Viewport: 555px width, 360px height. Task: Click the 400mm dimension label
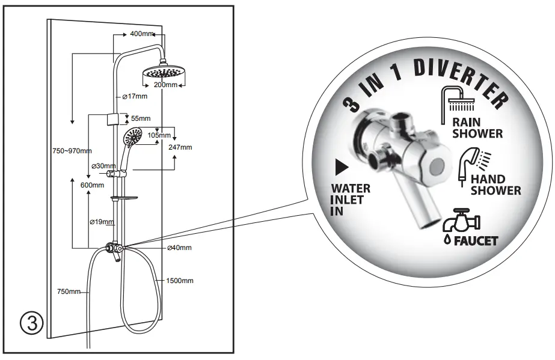point(142,33)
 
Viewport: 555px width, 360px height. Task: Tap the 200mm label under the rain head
point(167,85)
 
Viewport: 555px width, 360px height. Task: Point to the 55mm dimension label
point(141,118)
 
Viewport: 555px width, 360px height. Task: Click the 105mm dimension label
point(159,135)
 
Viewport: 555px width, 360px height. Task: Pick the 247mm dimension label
point(180,147)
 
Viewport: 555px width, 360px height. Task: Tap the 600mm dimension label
point(92,185)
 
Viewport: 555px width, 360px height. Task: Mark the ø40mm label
point(180,248)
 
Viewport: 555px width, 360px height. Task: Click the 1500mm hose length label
point(180,281)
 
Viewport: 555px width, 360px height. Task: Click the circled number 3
point(32,323)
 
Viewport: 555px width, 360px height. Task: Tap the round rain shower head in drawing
point(161,74)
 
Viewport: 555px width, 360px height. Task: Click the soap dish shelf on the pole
point(124,198)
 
